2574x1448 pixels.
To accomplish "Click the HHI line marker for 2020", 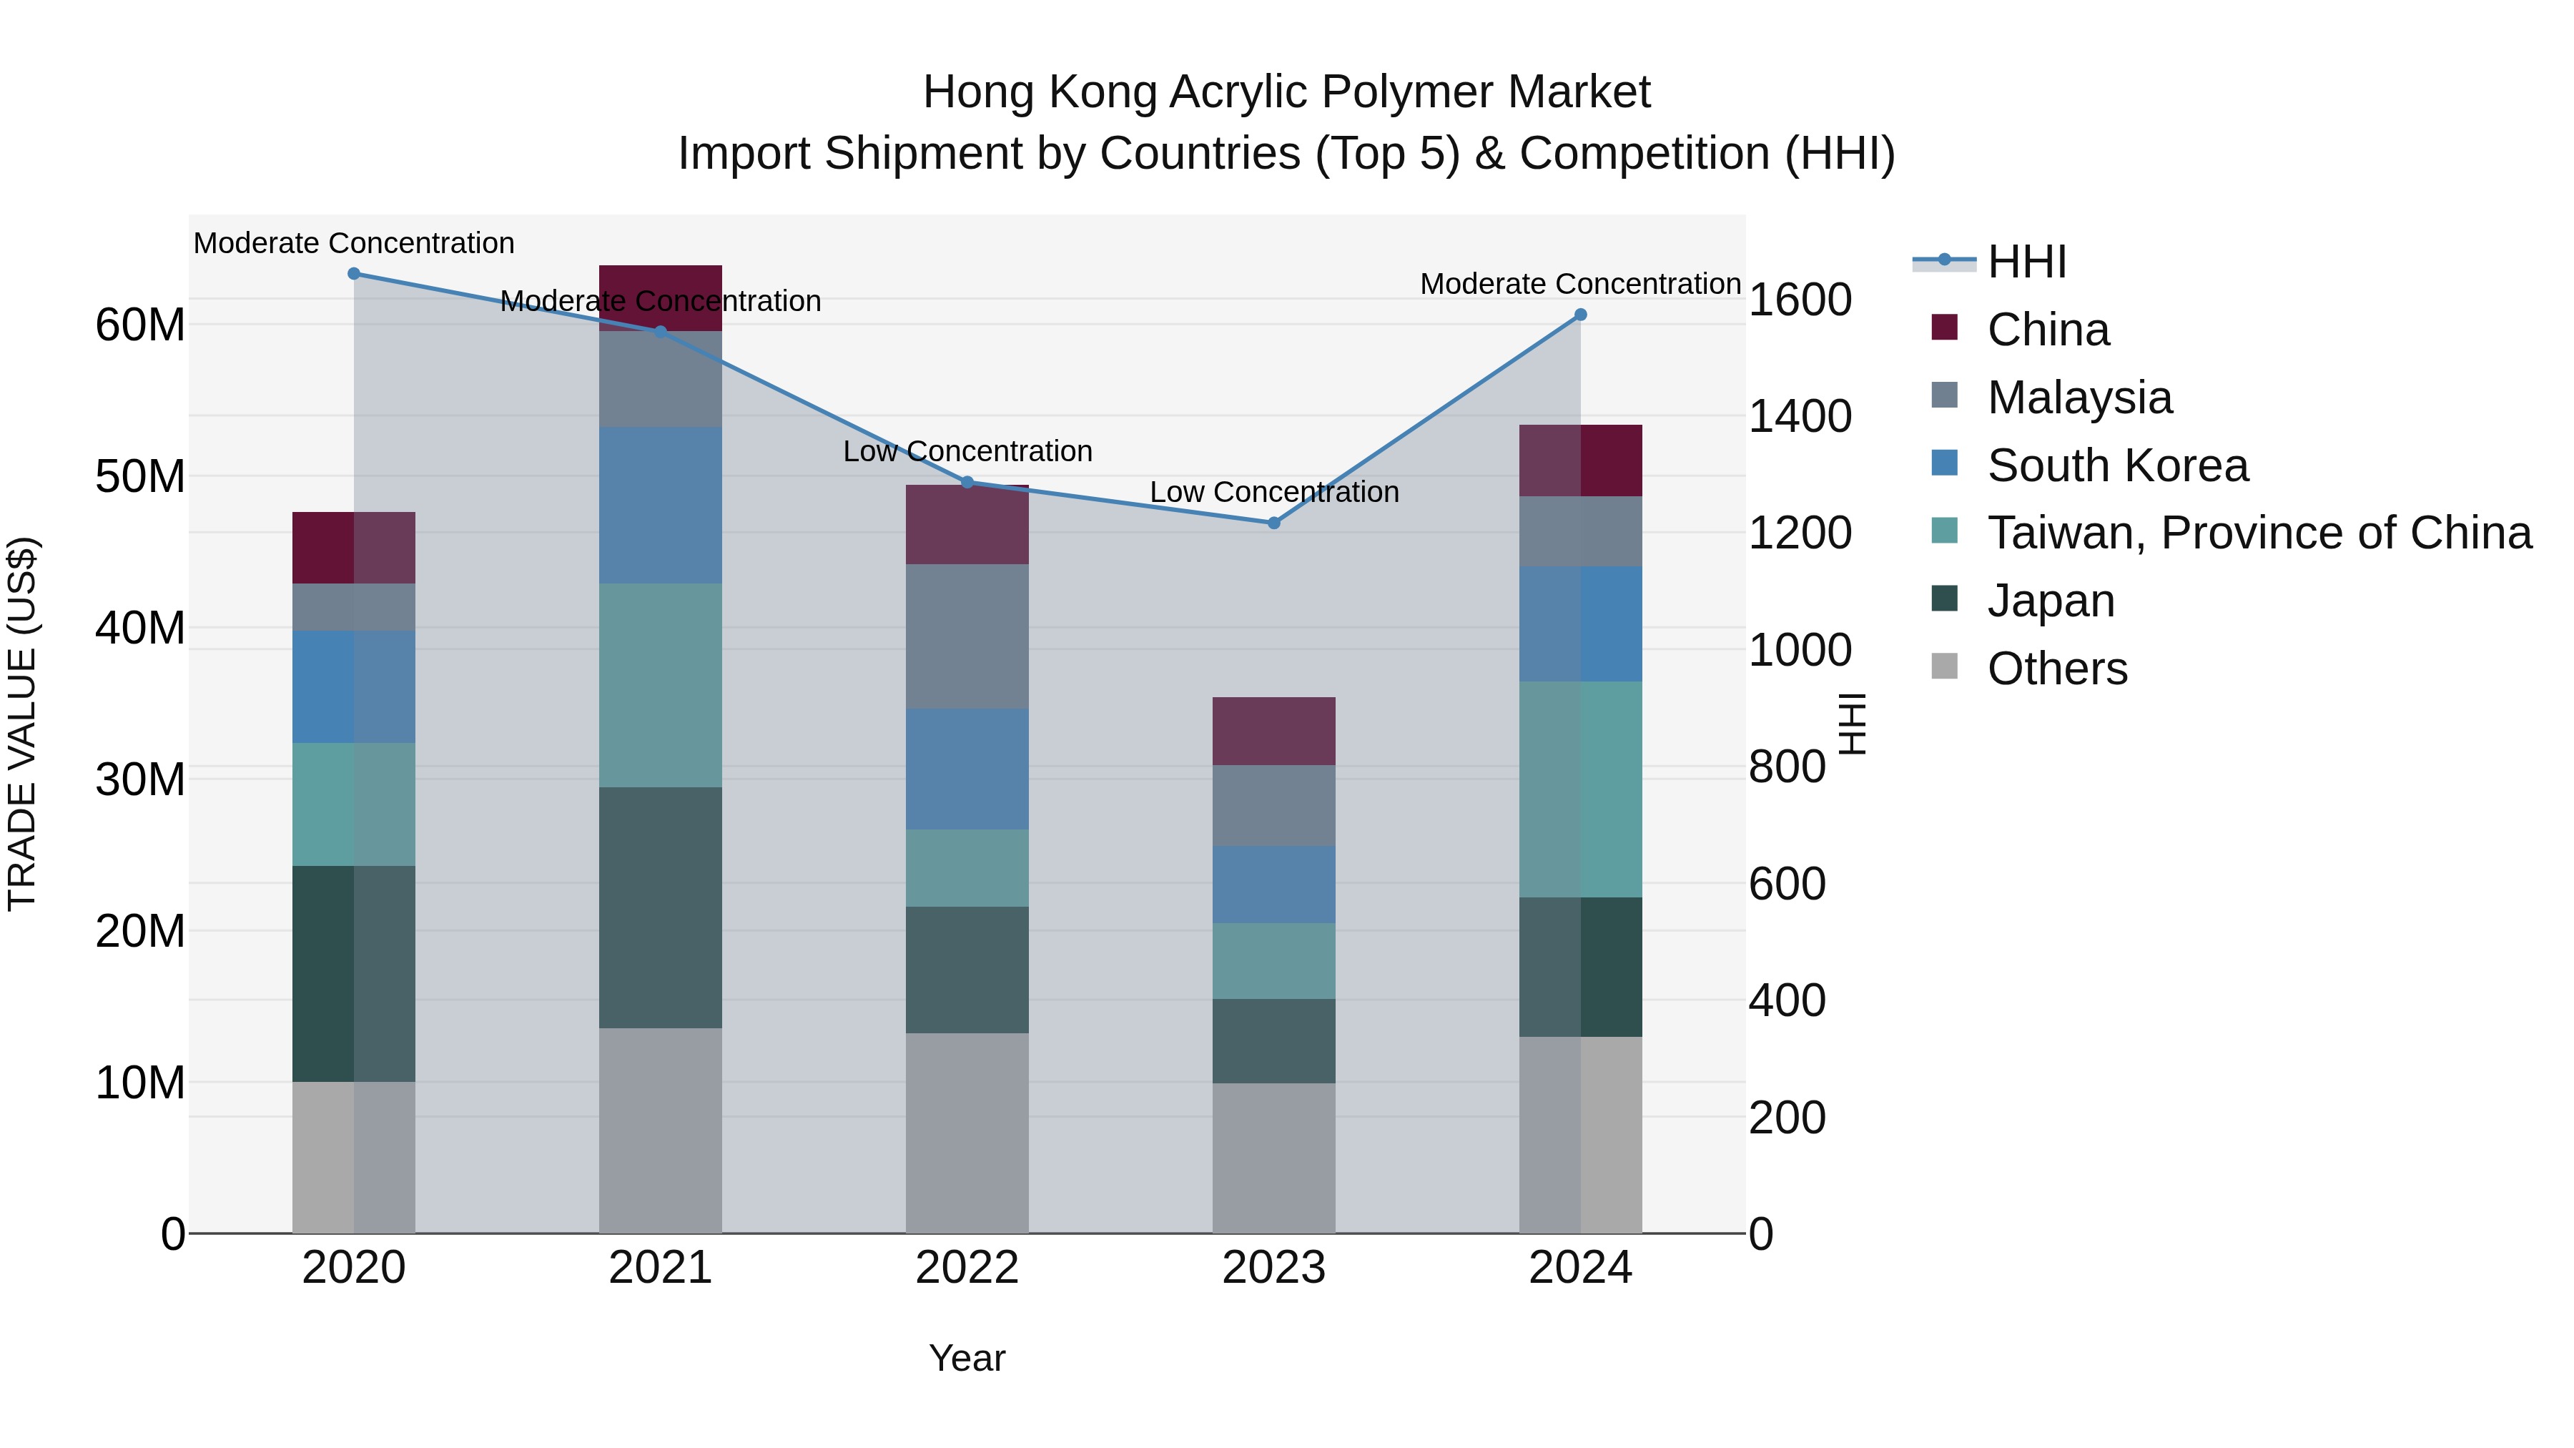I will pyautogui.click(x=354, y=274).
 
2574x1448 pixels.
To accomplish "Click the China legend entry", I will pyautogui.click(x=2048, y=330).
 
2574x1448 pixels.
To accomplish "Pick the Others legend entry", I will pyautogui.click(x=2056, y=669).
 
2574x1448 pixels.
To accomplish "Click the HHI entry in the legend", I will pyautogui.click(x=2026, y=262).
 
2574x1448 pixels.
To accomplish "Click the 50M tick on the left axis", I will pyautogui.click(x=140, y=477).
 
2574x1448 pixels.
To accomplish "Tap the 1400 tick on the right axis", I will pyautogui.click(x=1800, y=417).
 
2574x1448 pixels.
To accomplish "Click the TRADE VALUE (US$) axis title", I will pyautogui.click(x=22, y=724).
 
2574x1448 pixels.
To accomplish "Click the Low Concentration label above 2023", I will pyautogui.click(x=1274, y=493).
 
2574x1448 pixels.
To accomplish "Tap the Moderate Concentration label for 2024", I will pyautogui.click(x=1579, y=285).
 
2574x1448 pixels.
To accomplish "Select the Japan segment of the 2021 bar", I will pyautogui.click(x=661, y=907).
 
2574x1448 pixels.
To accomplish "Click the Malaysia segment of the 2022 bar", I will pyautogui.click(x=966, y=636).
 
